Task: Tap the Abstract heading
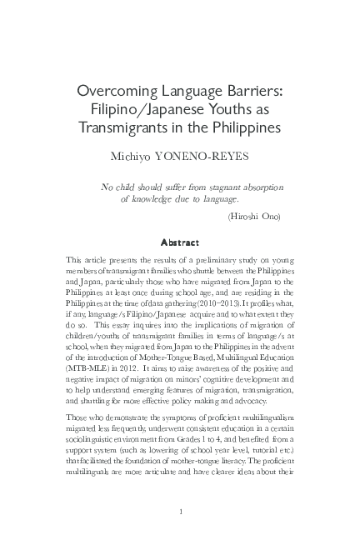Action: tap(180, 243)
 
